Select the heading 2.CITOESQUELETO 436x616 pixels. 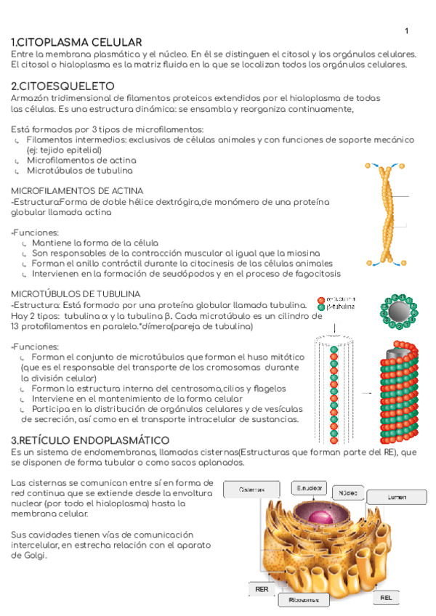click(63, 86)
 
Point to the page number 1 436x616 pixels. click(406, 31)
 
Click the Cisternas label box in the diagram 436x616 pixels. click(251, 490)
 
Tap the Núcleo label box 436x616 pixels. click(348, 493)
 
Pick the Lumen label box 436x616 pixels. click(396, 497)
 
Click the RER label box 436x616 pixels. click(261, 588)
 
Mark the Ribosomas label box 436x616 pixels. click(304, 600)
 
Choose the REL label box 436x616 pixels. click(386, 597)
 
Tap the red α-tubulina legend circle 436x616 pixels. click(321, 299)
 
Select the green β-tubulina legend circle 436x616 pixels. click(321, 307)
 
